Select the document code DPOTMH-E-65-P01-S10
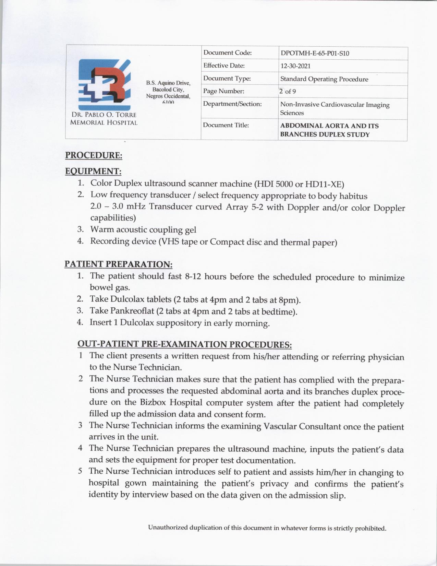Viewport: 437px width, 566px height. click(x=315, y=53)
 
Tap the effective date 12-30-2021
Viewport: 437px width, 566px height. click(x=295, y=66)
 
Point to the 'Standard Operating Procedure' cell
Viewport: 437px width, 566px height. click(x=324, y=79)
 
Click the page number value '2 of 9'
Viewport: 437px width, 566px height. click(x=288, y=91)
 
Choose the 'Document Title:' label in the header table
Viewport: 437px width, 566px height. click(x=226, y=125)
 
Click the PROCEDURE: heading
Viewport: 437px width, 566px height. click(x=94, y=155)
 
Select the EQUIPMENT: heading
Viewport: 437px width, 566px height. click(x=93, y=171)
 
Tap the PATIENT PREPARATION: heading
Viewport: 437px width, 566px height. click(x=118, y=264)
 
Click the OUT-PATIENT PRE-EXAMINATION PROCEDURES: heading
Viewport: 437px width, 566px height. click(x=184, y=344)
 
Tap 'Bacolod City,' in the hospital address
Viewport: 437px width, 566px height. click(x=168, y=90)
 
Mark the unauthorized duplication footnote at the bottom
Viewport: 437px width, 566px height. click(x=267, y=528)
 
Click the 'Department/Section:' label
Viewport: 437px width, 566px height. click(x=232, y=104)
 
